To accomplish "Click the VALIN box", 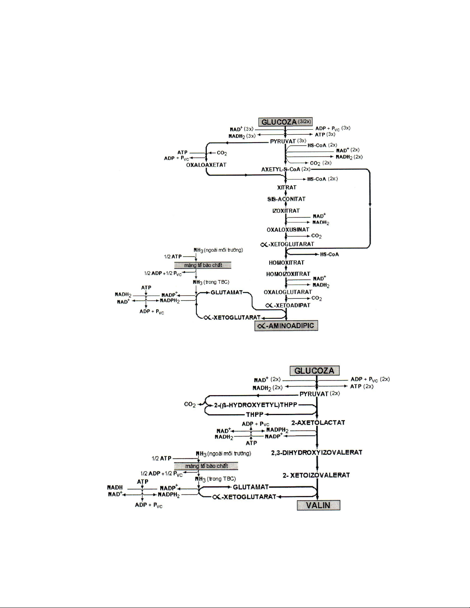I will coord(318,505).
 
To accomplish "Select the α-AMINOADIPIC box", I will coord(286,326).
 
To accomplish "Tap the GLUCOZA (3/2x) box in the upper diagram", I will coord(285,122).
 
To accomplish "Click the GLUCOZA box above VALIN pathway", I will coord(314,371).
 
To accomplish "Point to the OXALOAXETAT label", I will coord(206,165).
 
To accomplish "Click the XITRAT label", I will coord(287,188).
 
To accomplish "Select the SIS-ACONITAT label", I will coord(286,199).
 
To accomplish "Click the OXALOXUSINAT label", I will coord(288,230).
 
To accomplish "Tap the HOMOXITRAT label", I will coord(286,263).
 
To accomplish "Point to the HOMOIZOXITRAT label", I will coord(288,274).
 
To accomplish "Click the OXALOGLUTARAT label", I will coord(288,292).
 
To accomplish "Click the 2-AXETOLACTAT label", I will coord(318,423).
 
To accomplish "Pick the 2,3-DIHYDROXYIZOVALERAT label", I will coord(317,452).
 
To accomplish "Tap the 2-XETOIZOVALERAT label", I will coord(316,475).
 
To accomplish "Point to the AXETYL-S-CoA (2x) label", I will coord(286,169).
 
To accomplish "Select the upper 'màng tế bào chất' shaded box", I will coord(203,265).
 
